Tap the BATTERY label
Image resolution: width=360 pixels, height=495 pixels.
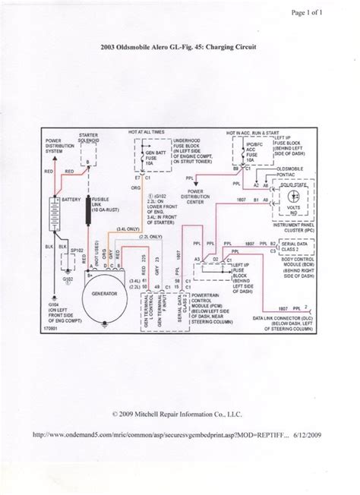(x=71, y=199)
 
